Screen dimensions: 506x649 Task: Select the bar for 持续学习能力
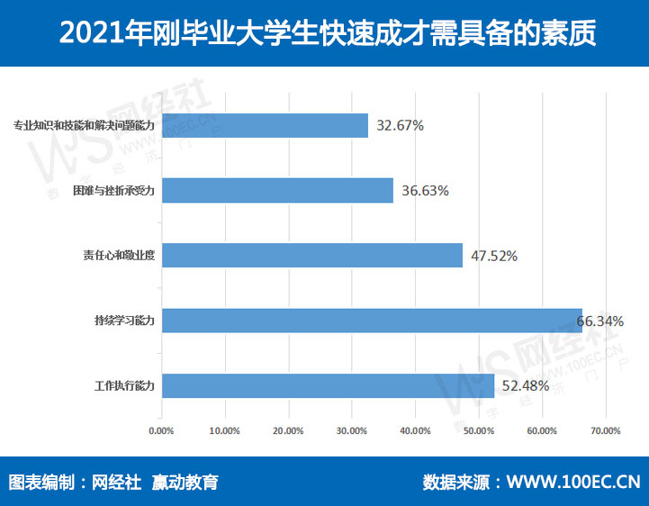click(x=372, y=321)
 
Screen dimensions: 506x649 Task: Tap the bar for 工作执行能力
click(x=328, y=385)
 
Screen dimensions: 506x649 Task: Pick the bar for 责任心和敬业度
click(x=311, y=255)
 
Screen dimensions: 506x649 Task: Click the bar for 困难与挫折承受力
click(x=277, y=190)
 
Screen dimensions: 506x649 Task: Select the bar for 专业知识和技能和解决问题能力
click(x=265, y=125)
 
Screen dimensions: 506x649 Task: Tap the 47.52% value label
click(x=491, y=256)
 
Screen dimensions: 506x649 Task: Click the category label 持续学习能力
click(x=125, y=321)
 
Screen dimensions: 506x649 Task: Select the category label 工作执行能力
click(x=125, y=385)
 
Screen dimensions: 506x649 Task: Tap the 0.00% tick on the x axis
click(x=160, y=430)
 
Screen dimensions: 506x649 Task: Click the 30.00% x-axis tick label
click(x=351, y=430)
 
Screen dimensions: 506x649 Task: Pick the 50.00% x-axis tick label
click(x=479, y=430)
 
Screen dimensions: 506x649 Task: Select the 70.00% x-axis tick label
click(x=606, y=430)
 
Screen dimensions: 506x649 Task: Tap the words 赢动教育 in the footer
click(x=185, y=482)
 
